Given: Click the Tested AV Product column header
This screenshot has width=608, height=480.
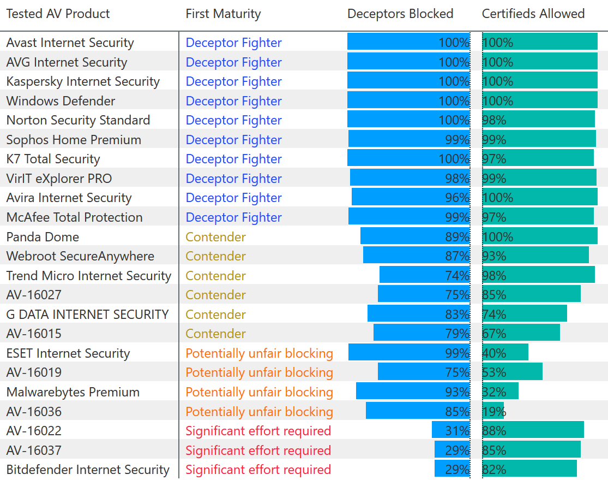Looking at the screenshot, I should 58,14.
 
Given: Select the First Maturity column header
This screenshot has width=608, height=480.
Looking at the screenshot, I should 223,14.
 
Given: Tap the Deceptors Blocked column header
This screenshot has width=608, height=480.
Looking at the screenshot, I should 400,14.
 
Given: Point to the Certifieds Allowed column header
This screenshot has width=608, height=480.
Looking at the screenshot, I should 533,14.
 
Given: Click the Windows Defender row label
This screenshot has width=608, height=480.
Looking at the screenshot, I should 61,101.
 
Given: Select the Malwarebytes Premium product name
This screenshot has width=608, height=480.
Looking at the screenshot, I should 73,392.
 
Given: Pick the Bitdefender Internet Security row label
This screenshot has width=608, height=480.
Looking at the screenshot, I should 88,470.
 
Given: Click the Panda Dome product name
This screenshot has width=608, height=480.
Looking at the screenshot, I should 43,237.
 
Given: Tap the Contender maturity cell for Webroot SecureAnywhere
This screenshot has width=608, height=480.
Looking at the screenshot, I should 215,256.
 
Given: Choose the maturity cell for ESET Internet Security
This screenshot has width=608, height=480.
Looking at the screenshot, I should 259,353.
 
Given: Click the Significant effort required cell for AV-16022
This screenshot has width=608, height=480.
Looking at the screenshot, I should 258,431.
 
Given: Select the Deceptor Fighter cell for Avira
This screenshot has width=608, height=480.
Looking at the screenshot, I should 233,198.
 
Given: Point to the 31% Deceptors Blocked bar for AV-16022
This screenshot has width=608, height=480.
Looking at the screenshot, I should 450,431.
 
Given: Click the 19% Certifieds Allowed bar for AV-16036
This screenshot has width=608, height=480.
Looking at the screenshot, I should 493,412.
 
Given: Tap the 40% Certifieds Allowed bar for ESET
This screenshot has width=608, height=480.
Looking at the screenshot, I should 505,353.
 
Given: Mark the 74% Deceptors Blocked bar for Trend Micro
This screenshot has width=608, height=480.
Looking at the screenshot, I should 424,276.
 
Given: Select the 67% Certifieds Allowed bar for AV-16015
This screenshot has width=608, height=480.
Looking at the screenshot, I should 521,334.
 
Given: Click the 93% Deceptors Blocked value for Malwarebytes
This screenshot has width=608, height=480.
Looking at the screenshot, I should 457,392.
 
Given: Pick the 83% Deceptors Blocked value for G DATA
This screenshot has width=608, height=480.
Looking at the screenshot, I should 457,315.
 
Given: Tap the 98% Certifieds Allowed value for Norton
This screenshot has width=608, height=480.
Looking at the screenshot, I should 494,120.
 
